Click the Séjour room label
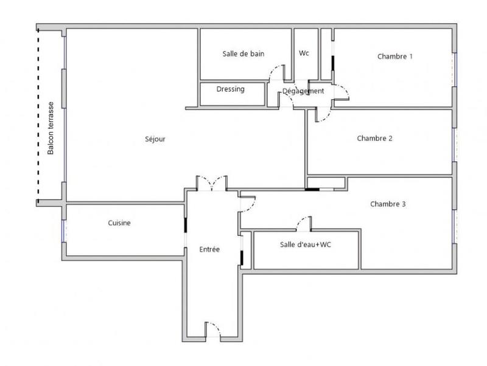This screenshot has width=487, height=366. [156, 139]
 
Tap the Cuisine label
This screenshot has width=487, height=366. [119, 223]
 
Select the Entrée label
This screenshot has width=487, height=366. [209, 249]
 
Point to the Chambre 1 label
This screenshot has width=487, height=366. [395, 57]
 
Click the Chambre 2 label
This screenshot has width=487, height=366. [374, 138]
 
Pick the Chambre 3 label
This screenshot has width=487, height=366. [388, 204]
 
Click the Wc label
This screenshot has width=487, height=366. [304, 54]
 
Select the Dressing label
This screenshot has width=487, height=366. [230, 89]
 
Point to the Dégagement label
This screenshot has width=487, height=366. [303, 91]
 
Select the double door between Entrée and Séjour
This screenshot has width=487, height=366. [211, 182]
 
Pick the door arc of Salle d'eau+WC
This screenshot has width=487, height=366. [303, 223]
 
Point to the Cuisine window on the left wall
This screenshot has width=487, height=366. [63, 230]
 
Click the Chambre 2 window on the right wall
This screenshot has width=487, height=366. [454, 145]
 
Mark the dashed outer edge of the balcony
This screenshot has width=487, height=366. [38, 116]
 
